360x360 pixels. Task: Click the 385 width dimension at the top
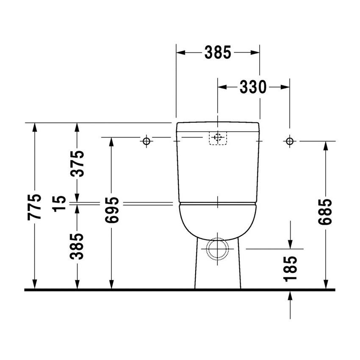(218, 53)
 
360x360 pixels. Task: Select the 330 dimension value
(253, 87)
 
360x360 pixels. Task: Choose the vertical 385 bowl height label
(77, 247)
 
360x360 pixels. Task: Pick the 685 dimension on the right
(325, 211)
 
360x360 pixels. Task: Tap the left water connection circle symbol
(147, 141)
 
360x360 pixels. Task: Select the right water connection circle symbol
(290, 141)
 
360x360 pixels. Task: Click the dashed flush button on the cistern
(218, 138)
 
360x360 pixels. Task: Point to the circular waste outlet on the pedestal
(217, 247)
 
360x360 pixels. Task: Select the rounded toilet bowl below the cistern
(218, 220)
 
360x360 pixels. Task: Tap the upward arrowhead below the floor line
(290, 296)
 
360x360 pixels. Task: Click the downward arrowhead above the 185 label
(290, 243)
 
